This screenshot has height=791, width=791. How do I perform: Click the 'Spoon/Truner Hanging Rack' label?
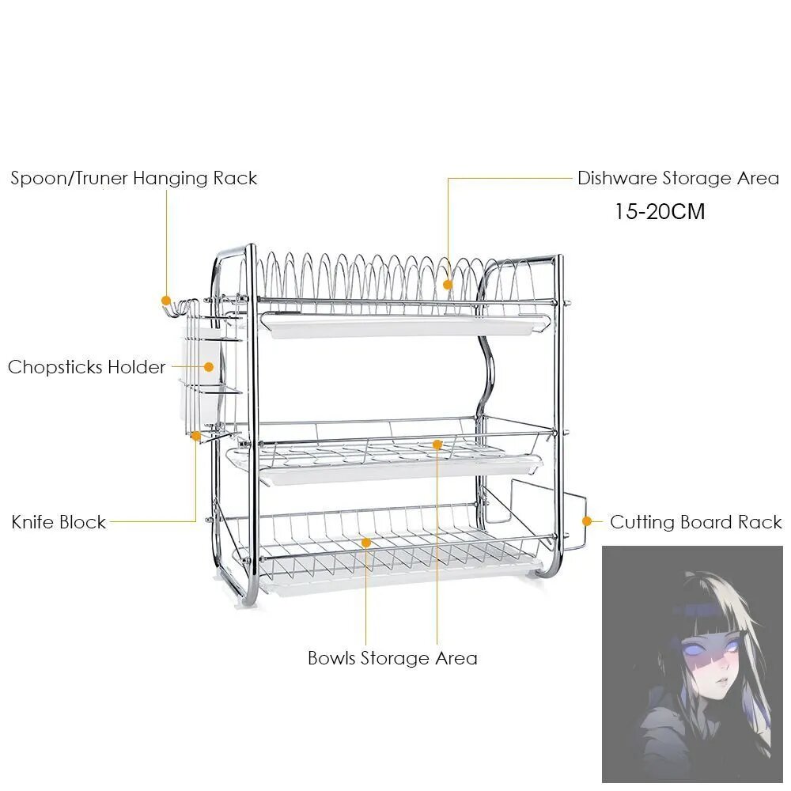[x=134, y=179]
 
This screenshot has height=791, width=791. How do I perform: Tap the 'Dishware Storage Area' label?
[x=679, y=179]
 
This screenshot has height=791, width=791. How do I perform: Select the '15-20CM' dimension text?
[x=660, y=211]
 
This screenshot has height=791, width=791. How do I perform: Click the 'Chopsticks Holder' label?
[x=87, y=367]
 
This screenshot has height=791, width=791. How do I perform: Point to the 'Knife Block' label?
[x=59, y=521]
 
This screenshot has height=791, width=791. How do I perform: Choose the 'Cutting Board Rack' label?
[x=696, y=521]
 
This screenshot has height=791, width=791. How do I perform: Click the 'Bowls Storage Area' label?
[x=392, y=658]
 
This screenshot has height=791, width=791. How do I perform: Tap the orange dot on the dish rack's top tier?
[x=448, y=285]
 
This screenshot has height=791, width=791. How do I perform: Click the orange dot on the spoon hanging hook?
[x=166, y=301]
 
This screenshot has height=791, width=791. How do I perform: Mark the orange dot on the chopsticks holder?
[x=208, y=367]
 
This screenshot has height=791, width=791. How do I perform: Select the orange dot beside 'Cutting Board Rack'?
[x=587, y=521]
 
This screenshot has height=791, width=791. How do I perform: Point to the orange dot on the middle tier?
[x=437, y=445]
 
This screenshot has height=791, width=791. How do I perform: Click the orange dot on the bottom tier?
[x=366, y=543]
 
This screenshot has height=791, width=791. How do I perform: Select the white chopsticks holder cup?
[x=201, y=374]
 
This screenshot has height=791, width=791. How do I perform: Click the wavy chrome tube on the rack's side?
[x=485, y=363]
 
